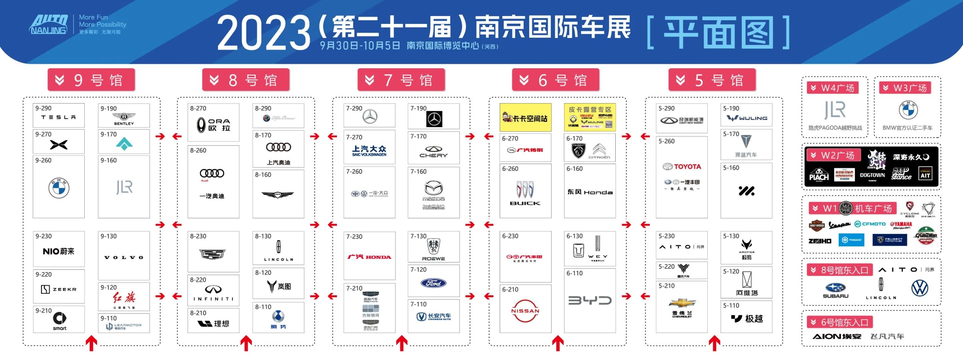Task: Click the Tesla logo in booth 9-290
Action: point(58,117)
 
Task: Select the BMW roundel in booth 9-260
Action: point(59,188)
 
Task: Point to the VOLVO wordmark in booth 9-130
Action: point(124,258)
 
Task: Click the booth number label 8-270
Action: point(198,108)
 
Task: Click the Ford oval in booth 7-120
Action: point(433,283)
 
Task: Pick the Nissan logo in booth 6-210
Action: point(525,311)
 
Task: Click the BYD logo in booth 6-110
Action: point(590,300)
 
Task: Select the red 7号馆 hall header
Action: point(401,80)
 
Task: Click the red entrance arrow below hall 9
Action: point(92,342)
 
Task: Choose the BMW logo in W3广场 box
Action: point(908,110)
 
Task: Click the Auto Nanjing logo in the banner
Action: point(49,25)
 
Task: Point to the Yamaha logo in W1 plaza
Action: point(902,224)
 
